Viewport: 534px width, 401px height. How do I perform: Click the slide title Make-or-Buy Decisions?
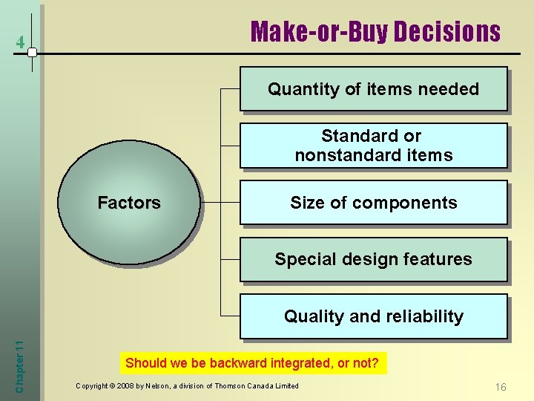point(375,32)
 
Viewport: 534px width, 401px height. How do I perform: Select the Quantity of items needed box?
point(373,89)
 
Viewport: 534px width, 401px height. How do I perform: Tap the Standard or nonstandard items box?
point(373,146)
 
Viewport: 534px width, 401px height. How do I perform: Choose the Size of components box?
point(373,203)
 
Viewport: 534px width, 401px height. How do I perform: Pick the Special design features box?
point(373,259)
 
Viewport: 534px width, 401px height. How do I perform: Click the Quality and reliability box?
point(373,316)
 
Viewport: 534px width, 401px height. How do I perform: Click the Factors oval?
point(129,203)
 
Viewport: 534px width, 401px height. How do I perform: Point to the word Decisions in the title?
point(447,32)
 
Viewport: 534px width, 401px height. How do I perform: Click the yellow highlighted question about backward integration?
point(252,363)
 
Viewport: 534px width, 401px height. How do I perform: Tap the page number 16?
point(501,387)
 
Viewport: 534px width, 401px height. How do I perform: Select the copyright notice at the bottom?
point(187,385)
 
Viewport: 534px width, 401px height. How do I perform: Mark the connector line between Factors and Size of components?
point(220,202)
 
